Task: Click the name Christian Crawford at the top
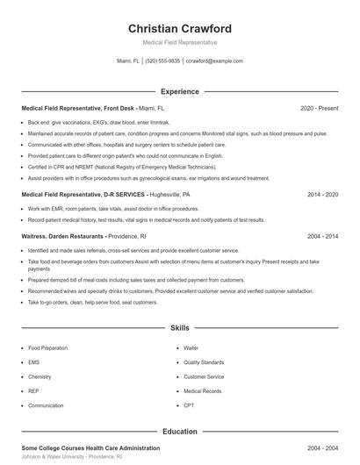click(179, 28)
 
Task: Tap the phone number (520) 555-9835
click(162, 61)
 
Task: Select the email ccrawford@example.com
click(214, 61)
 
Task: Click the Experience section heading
click(179, 91)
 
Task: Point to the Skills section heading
click(179, 327)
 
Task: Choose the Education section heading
click(179, 432)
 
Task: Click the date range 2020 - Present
click(319, 108)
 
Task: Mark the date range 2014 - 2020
click(322, 194)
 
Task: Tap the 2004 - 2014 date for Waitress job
click(322, 236)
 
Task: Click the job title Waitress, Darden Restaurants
click(63, 236)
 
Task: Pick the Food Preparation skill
click(47, 347)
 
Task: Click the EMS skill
click(34, 362)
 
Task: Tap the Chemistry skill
click(40, 376)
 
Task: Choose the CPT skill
click(189, 405)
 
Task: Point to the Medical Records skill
click(203, 391)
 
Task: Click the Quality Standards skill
click(204, 362)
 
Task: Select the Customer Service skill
click(204, 376)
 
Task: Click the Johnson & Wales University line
click(72, 457)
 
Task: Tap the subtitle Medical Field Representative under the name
click(179, 42)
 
